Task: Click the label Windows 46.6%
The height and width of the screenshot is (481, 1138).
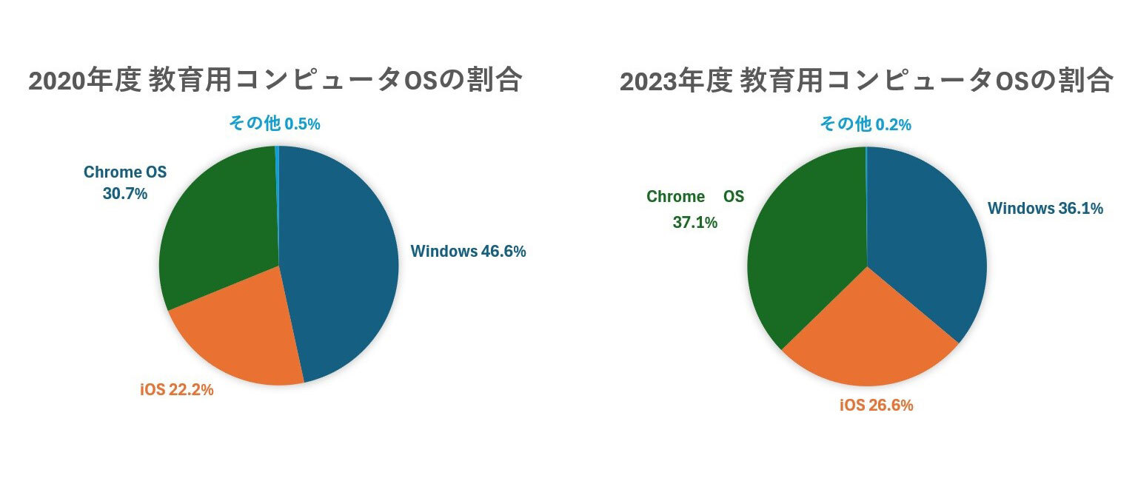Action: click(468, 252)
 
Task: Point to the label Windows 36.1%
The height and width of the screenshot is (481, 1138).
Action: click(1045, 209)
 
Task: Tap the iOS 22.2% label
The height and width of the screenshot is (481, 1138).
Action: click(177, 390)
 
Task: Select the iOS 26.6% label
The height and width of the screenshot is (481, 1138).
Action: click(876, 406)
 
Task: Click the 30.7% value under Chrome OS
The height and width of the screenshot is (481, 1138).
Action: click(125, 194)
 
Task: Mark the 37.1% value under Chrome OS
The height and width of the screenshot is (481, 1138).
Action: click(694, 222)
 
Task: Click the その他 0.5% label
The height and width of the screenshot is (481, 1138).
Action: click(275, 124)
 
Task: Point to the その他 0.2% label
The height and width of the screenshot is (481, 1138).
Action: click(866, 125)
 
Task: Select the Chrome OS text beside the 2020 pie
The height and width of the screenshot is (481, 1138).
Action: click(125, 172)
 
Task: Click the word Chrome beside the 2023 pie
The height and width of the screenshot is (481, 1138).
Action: click(675, 197)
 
